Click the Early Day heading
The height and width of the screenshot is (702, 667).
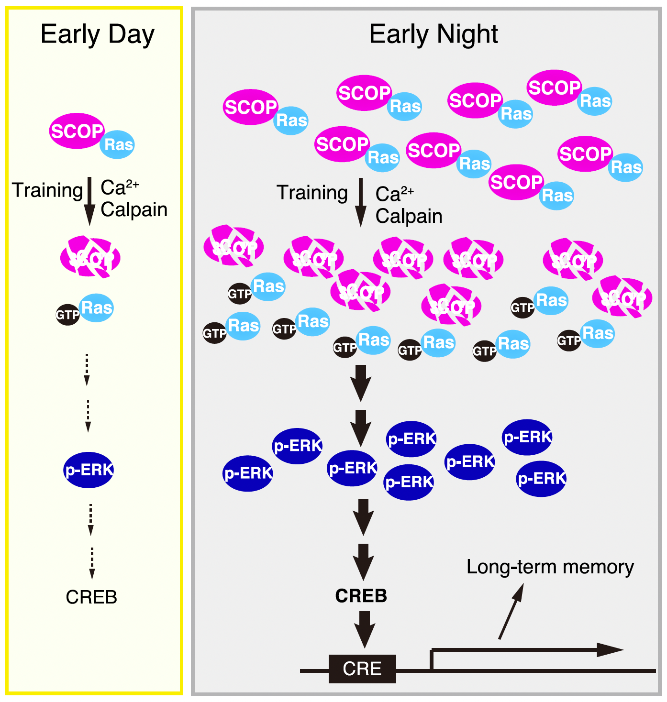pos(98,34)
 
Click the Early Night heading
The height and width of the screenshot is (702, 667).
pos(434,34)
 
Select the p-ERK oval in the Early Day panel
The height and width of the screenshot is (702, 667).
pos(89,470)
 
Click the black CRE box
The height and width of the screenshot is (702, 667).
pos(362,669)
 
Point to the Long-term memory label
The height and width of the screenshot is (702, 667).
pos(550,567)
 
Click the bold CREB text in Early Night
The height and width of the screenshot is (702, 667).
pos(361,596)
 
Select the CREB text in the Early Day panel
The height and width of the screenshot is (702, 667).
pos(91,597)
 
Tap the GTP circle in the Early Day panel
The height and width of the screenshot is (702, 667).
pos(67,315)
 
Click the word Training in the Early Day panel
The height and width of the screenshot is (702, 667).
pos(47,190)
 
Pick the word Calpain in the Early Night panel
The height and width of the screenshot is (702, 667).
pos(409,216)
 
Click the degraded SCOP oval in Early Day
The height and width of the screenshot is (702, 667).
pos(90,258)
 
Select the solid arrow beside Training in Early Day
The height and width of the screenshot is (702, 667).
pos(89,201)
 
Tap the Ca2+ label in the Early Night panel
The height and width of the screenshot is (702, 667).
pos(394,193)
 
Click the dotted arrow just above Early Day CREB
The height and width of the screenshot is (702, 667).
pos(92,563)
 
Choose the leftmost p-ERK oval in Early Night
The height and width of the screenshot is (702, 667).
pos(248,473)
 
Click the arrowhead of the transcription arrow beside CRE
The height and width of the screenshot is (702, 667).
pos(610,649)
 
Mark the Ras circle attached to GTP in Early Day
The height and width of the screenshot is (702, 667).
pos(97,307)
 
